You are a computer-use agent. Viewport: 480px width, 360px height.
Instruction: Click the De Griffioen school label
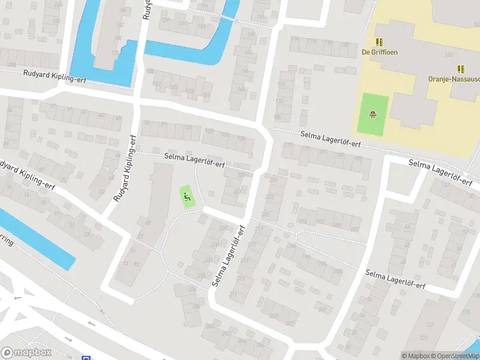[x=379, y=52]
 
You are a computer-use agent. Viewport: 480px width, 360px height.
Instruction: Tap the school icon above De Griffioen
[x=379, y=42]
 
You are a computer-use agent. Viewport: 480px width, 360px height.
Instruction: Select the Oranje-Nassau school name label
[x=454, y=79]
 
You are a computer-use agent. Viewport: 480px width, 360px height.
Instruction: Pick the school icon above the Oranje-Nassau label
[x=461, y=69]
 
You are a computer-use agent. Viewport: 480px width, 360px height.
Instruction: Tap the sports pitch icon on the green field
[x=373, y=113]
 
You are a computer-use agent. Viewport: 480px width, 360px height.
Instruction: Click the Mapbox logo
[x=26, y=353]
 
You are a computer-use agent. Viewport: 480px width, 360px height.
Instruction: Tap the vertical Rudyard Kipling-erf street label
[x=125, y=168]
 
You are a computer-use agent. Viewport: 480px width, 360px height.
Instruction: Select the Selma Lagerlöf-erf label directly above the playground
[x=194, y=160]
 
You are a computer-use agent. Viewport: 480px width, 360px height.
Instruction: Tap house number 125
[x=467, y=312]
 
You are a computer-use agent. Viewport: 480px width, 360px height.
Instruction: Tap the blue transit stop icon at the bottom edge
[x=86, y=358]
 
